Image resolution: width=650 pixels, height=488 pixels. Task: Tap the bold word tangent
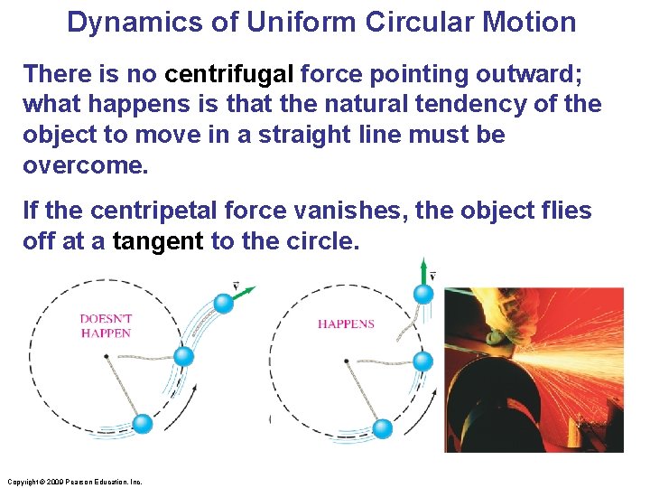(158, 242)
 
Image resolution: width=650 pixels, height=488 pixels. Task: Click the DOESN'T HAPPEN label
(106, 325)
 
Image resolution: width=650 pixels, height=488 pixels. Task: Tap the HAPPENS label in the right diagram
(346, 324)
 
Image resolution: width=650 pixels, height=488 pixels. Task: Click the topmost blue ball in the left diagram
(223, 303)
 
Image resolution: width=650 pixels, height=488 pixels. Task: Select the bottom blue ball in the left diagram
(143, 424)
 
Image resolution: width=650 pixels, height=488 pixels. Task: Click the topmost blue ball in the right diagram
(422, 294)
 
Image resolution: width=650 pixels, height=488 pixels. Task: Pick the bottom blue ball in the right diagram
(382, 427)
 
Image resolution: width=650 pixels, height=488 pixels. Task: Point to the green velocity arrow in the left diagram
(244, 293)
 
